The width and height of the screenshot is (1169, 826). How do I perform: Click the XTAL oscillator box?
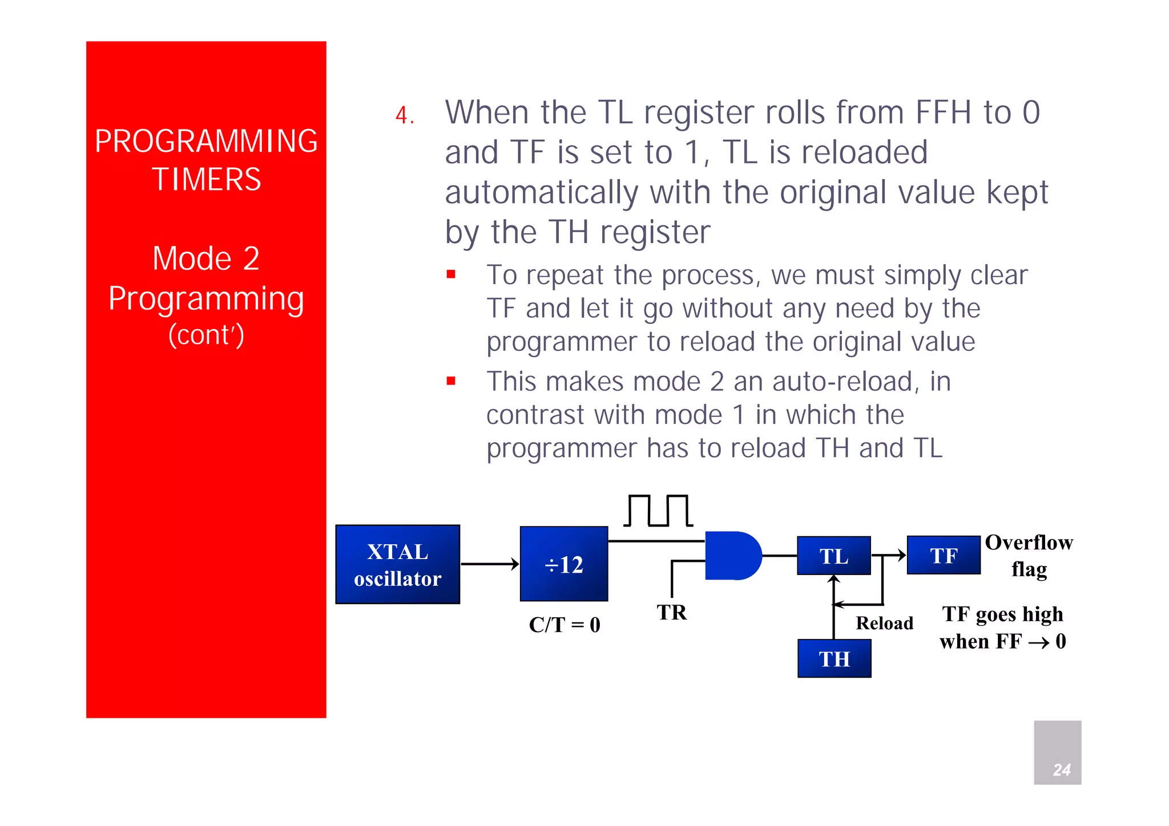click(x=397, y=564)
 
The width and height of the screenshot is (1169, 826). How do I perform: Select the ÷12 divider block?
click(x=563, y=564)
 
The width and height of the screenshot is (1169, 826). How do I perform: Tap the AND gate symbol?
click(x=732, y=556)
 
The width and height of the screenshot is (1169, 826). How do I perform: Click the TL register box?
click(x=833, y=556)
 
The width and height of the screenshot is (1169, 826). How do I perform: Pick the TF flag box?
click(x=943, y=555)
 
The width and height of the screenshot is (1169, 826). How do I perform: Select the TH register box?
click(x=834, y=658)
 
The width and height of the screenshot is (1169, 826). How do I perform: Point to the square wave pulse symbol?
click(x=658, y=510)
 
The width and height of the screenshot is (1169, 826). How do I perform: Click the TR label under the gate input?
click(x=671, y=612)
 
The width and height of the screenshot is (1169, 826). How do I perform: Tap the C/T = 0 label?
click(x=564, y=625)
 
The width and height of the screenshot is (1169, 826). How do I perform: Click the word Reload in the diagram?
click(x=884, y=623)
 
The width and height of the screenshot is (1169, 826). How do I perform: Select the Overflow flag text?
click(x=1029, y=555)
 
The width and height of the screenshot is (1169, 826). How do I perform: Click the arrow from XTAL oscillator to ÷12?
click(x=490, y=564)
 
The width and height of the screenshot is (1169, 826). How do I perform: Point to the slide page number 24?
click(x=1061, y=770)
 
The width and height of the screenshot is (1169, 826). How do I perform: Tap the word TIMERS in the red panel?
click(x=206, y=179)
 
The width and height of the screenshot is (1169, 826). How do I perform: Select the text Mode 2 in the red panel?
click(x=206, y=258)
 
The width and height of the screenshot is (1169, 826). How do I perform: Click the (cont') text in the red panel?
click(x=206, y=335)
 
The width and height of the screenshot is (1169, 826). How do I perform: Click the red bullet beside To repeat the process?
click(x=451, y=274)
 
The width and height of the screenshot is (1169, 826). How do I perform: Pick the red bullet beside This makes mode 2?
click(x=451, y=380)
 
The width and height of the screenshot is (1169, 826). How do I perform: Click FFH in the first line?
click(x=943, y=112)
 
